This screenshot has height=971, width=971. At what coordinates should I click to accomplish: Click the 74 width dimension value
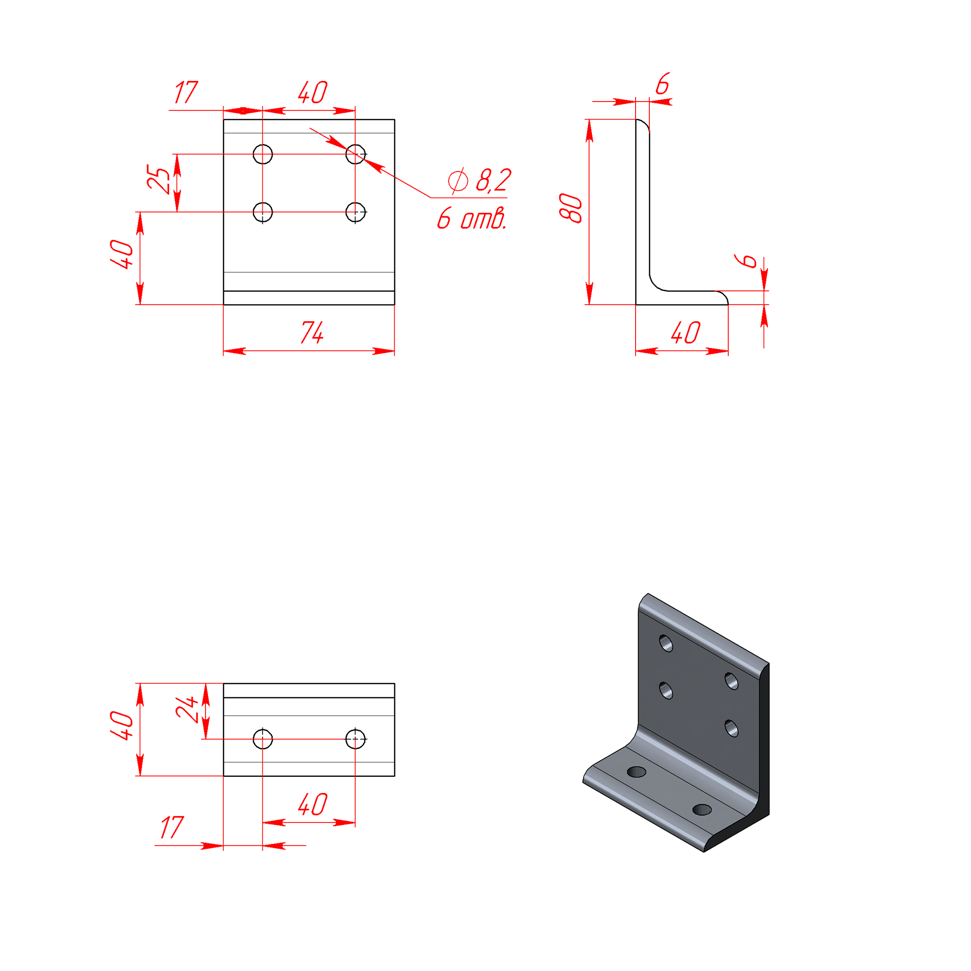[312, 332]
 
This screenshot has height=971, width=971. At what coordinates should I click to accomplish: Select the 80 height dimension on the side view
[570, 207]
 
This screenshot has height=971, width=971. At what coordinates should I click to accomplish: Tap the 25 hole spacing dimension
[158, 179]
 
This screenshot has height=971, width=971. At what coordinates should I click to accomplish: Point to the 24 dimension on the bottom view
[187, 710]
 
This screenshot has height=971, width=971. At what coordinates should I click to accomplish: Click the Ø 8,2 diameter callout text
[480, 180]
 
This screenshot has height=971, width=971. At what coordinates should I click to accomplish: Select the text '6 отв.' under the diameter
[471, 219]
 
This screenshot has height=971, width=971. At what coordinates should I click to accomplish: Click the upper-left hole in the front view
[263, 154]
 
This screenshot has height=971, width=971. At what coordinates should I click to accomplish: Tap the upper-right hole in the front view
[356, 154]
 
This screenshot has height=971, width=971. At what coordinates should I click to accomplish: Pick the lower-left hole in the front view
[263, 212]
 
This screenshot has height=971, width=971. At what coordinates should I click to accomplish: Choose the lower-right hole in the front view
[356, 212]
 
